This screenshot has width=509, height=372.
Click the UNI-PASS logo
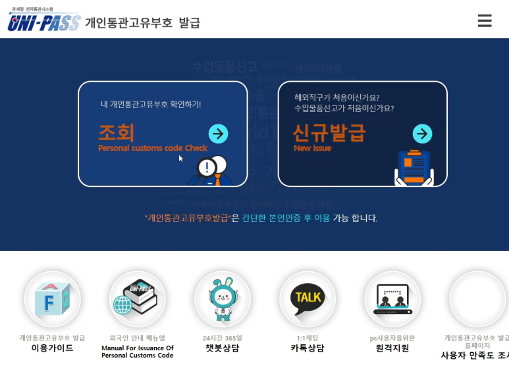43,22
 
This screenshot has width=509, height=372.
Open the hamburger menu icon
485,21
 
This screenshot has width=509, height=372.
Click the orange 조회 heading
117,133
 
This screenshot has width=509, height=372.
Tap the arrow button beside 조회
218,134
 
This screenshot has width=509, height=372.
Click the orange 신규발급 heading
329,133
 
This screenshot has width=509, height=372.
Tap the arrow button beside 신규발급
422,134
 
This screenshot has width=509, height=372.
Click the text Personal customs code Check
152,148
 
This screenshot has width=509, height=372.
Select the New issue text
312,148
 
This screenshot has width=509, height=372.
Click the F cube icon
53,300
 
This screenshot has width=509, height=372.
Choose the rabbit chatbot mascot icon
222,300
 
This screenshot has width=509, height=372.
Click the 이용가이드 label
52,348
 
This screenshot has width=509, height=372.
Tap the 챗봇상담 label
222,348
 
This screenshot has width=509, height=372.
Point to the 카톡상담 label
308,348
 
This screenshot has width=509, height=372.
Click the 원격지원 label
392,348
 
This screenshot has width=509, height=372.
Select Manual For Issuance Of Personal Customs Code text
137,352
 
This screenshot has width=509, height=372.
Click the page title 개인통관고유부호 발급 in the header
143,23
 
